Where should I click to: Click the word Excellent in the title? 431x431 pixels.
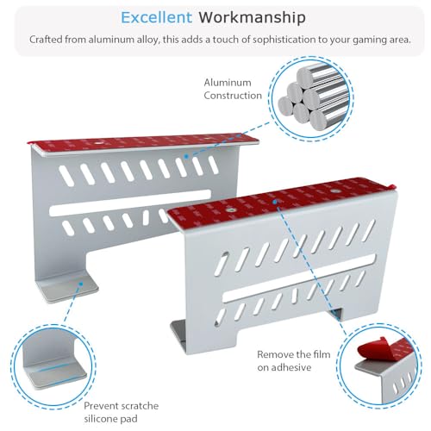[156, 17]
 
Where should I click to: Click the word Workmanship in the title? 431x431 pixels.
[252, 18]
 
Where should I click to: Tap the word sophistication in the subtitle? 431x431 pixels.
[284, 40]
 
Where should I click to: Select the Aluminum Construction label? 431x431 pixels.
[233, 89]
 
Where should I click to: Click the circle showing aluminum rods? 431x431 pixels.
[311, 98]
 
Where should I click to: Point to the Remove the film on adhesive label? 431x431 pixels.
[294, 360]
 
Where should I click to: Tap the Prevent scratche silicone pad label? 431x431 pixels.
[121, 412]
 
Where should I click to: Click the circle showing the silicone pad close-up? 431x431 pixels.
[53, 366]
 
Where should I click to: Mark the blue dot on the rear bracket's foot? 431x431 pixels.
[81, 284]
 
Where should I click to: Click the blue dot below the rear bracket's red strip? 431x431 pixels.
[186, 157]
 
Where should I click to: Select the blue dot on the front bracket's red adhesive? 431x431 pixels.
[275, 202]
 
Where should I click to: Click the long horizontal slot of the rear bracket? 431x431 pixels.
[130, 203]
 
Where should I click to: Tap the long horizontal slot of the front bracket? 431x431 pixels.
[299, 278]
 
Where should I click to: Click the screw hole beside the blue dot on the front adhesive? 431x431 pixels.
[334, 191]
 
